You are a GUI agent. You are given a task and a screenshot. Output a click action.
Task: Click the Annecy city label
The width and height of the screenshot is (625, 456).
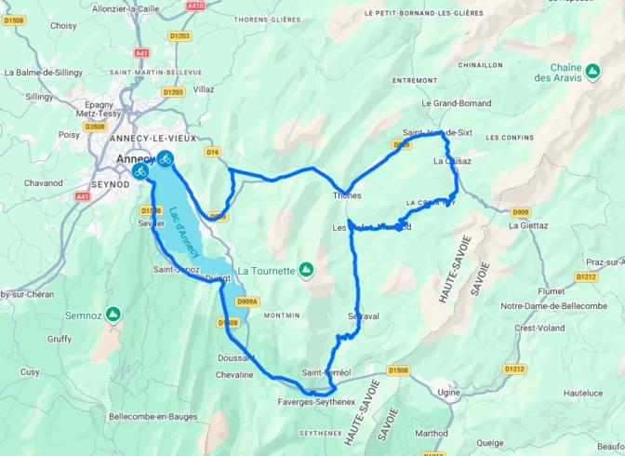click(134, 158)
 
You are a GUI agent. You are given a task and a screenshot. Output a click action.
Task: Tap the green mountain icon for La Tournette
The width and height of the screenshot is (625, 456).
click(305, 270)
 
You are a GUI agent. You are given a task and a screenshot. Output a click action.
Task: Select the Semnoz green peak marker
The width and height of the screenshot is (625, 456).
click(113, 314)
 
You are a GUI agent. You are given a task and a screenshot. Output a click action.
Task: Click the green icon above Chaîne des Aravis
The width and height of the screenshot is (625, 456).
click(592, 69)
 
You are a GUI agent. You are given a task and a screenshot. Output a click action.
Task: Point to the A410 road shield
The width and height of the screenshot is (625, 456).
click(194, 5)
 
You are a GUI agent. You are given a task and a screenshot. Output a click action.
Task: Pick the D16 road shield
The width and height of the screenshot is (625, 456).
click(213, 152)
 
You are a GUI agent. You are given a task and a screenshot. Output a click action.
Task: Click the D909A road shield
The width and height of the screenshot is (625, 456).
click(247, 302)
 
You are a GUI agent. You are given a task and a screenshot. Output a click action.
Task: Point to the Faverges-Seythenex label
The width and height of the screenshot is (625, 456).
click(316, 402)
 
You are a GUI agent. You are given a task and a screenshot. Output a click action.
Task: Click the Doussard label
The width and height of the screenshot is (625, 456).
click(236, 358)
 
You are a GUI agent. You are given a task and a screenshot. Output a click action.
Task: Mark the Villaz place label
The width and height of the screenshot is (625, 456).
click(203, 89)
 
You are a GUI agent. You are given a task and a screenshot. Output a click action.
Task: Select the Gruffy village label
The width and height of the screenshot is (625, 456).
click(60, 339)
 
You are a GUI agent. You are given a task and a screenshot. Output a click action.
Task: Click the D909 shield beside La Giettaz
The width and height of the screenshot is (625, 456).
click(519, 211)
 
